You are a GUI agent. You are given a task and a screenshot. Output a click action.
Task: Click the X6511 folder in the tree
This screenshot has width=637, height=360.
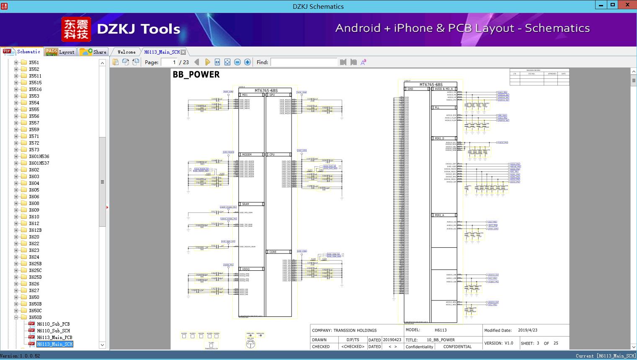click(35, 76)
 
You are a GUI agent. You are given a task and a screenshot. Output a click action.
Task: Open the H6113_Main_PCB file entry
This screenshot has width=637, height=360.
click(54, 337)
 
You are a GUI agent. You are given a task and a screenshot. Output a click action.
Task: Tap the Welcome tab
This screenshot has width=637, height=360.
click(126, 52)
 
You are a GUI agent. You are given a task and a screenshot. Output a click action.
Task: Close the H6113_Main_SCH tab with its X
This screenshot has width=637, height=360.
click(183, 52)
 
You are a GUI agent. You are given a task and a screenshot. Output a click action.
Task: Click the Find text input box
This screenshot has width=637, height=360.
click(304, 62)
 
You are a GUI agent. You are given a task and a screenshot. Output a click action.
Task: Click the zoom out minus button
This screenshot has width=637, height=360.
click(237, 62)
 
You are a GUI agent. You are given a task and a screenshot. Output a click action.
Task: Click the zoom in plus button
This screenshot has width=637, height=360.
click(248, 62)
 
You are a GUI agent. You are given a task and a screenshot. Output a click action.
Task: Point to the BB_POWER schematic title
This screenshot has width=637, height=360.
click(196, 75)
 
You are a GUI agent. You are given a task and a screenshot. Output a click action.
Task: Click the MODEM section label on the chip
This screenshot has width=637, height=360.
click(247, 155)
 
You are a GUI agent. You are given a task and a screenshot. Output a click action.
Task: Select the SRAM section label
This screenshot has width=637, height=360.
click(245, 204)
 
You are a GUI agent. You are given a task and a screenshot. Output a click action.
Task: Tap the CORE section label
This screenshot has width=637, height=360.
click(273, 252)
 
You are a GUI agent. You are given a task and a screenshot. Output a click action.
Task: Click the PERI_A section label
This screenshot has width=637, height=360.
click(439, 215)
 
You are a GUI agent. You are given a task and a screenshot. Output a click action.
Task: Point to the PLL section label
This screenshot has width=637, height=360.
click(437, 108)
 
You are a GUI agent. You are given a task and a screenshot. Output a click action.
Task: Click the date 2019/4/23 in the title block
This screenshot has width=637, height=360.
click(527, 330)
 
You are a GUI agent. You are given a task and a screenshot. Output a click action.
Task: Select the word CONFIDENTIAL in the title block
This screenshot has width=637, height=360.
click(457, 347)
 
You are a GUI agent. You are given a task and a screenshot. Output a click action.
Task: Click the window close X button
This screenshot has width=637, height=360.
click(628, 5)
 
